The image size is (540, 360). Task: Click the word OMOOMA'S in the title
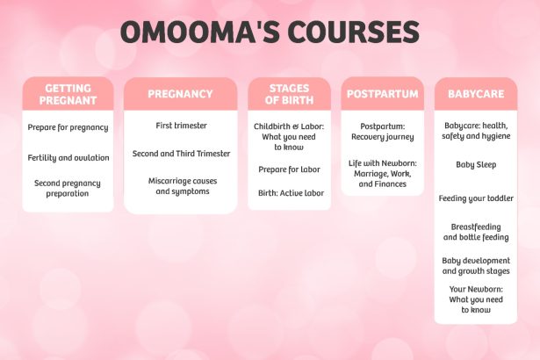point(199,32)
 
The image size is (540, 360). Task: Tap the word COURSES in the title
point(354,32)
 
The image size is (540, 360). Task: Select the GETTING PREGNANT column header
point(68,94)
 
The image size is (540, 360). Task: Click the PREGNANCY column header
point(181,94)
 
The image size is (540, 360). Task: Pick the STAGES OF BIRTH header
point(289,94)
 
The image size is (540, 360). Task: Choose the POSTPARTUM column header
point(383,94)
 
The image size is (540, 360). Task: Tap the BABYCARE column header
point(476,94)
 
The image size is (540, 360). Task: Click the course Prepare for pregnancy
point(68,127)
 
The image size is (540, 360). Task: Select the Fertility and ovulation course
point(68,158)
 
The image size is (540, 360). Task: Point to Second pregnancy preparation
point(68,189)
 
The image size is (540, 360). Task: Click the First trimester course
point(181,126)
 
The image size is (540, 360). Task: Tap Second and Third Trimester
point(181,154)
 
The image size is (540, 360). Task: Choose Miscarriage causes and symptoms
point(183,186)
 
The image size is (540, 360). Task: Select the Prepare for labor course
point(289,169)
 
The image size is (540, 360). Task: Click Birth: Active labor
point(291,193)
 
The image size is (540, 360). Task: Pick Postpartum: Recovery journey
point(383,132)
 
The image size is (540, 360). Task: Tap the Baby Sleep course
point(476,165)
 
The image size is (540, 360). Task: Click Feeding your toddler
point(476,198)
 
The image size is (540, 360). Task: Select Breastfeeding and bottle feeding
point(476,232)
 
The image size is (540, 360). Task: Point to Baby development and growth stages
point(476,266)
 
